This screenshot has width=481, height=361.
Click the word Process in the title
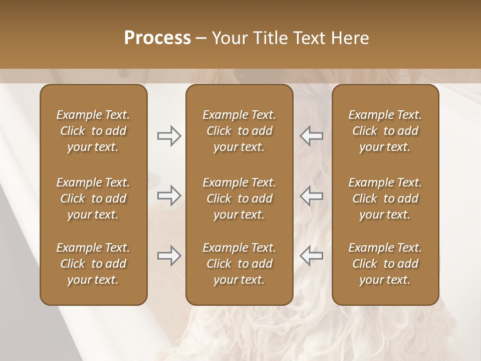coord(157,38)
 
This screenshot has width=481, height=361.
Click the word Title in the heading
coord(270,38)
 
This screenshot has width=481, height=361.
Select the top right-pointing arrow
coord(169,136)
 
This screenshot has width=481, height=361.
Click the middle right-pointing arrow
coord(169,196)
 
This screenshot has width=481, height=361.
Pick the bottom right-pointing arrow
coord(169,256)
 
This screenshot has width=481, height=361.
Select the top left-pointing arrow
coord(312,136)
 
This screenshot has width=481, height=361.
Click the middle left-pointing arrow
coord(312,196)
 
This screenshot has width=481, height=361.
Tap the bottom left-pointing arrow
coord(312,256)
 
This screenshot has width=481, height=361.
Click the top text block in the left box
coord(93,131)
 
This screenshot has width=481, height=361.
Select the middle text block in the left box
coord(93,199)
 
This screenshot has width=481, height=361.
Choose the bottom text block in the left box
coord(93,264)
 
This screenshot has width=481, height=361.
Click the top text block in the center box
coord(239,131)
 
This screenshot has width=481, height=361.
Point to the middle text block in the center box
coord(239,199)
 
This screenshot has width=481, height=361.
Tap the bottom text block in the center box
coord(239,264)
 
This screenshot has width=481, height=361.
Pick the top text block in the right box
coord(385,131)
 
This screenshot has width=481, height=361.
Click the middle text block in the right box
coord(385,199)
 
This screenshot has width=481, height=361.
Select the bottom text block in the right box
coord(385,264)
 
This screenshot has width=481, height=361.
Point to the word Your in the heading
coord(229,38)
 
